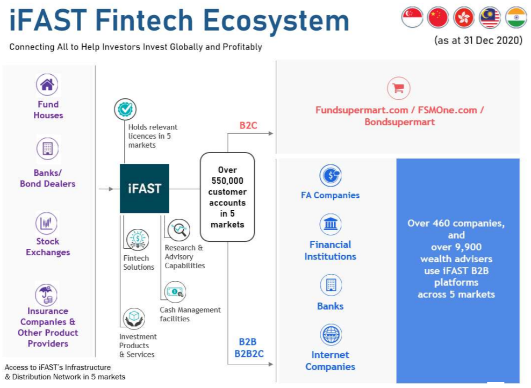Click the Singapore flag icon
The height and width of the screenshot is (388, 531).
(x=412, y=17)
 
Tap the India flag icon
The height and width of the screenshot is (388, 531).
(x=516, y=17)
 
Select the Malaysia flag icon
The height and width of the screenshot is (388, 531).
(x=490, y=17)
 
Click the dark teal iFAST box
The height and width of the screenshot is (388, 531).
(x=144, y=188)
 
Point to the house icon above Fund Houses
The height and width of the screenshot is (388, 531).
(x=47, y=85)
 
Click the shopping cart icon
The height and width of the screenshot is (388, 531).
(x=399, y=88)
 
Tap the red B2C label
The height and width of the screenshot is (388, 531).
(x=248, y=126)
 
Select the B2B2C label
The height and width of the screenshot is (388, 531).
(x=249, y=354)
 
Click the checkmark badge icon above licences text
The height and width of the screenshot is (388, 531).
(x=125, y=109)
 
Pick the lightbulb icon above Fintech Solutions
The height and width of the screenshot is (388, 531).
(x=138, y=239)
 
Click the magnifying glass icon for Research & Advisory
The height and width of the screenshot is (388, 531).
(x=179, y=230)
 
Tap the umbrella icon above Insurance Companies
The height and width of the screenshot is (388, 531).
(x=46, y=294)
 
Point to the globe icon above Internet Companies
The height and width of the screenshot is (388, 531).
(x=331, y=334)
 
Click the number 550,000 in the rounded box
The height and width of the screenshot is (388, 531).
(x=227, y=181)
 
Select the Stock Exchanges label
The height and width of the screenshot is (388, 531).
(x=48, y=247)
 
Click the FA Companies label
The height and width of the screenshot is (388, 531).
(x=330, y=196)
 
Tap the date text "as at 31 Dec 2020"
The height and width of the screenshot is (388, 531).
(x=478, y=40)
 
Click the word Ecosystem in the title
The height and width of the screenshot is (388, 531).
(x=276, y=21)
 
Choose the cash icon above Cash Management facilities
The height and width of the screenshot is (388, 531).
(x=175, y=292)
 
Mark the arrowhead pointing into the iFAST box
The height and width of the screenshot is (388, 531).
(x=111, y=189)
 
